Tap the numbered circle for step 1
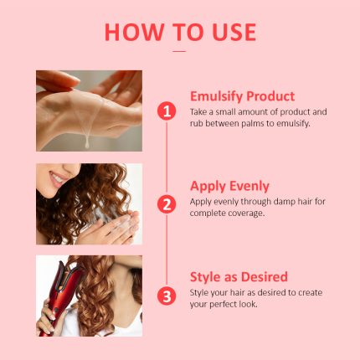click(x=167, y=111)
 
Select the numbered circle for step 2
click(x=167, y=203)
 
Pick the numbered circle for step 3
click(x=167, y=296)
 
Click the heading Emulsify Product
click(x=242, y=95)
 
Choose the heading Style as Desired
click(x=239, y=276)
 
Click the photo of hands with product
click(x=89, y=110)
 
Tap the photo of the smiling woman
click(x=89, y=203)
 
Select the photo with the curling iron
click(x=89, y=296)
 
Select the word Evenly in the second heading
click(x=253, y=186)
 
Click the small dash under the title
click(x=179, y=51)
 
